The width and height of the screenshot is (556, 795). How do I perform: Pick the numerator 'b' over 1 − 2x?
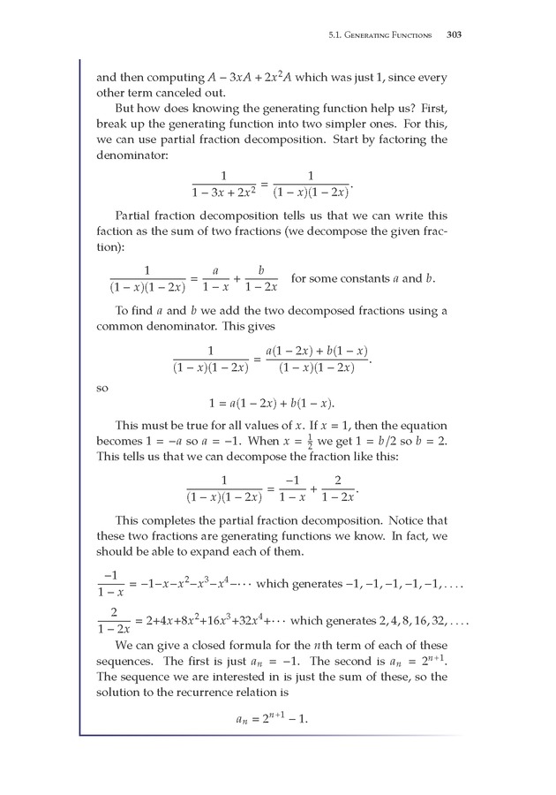[x=261, y=270]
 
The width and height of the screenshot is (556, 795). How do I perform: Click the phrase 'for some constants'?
[x=339, y=279]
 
